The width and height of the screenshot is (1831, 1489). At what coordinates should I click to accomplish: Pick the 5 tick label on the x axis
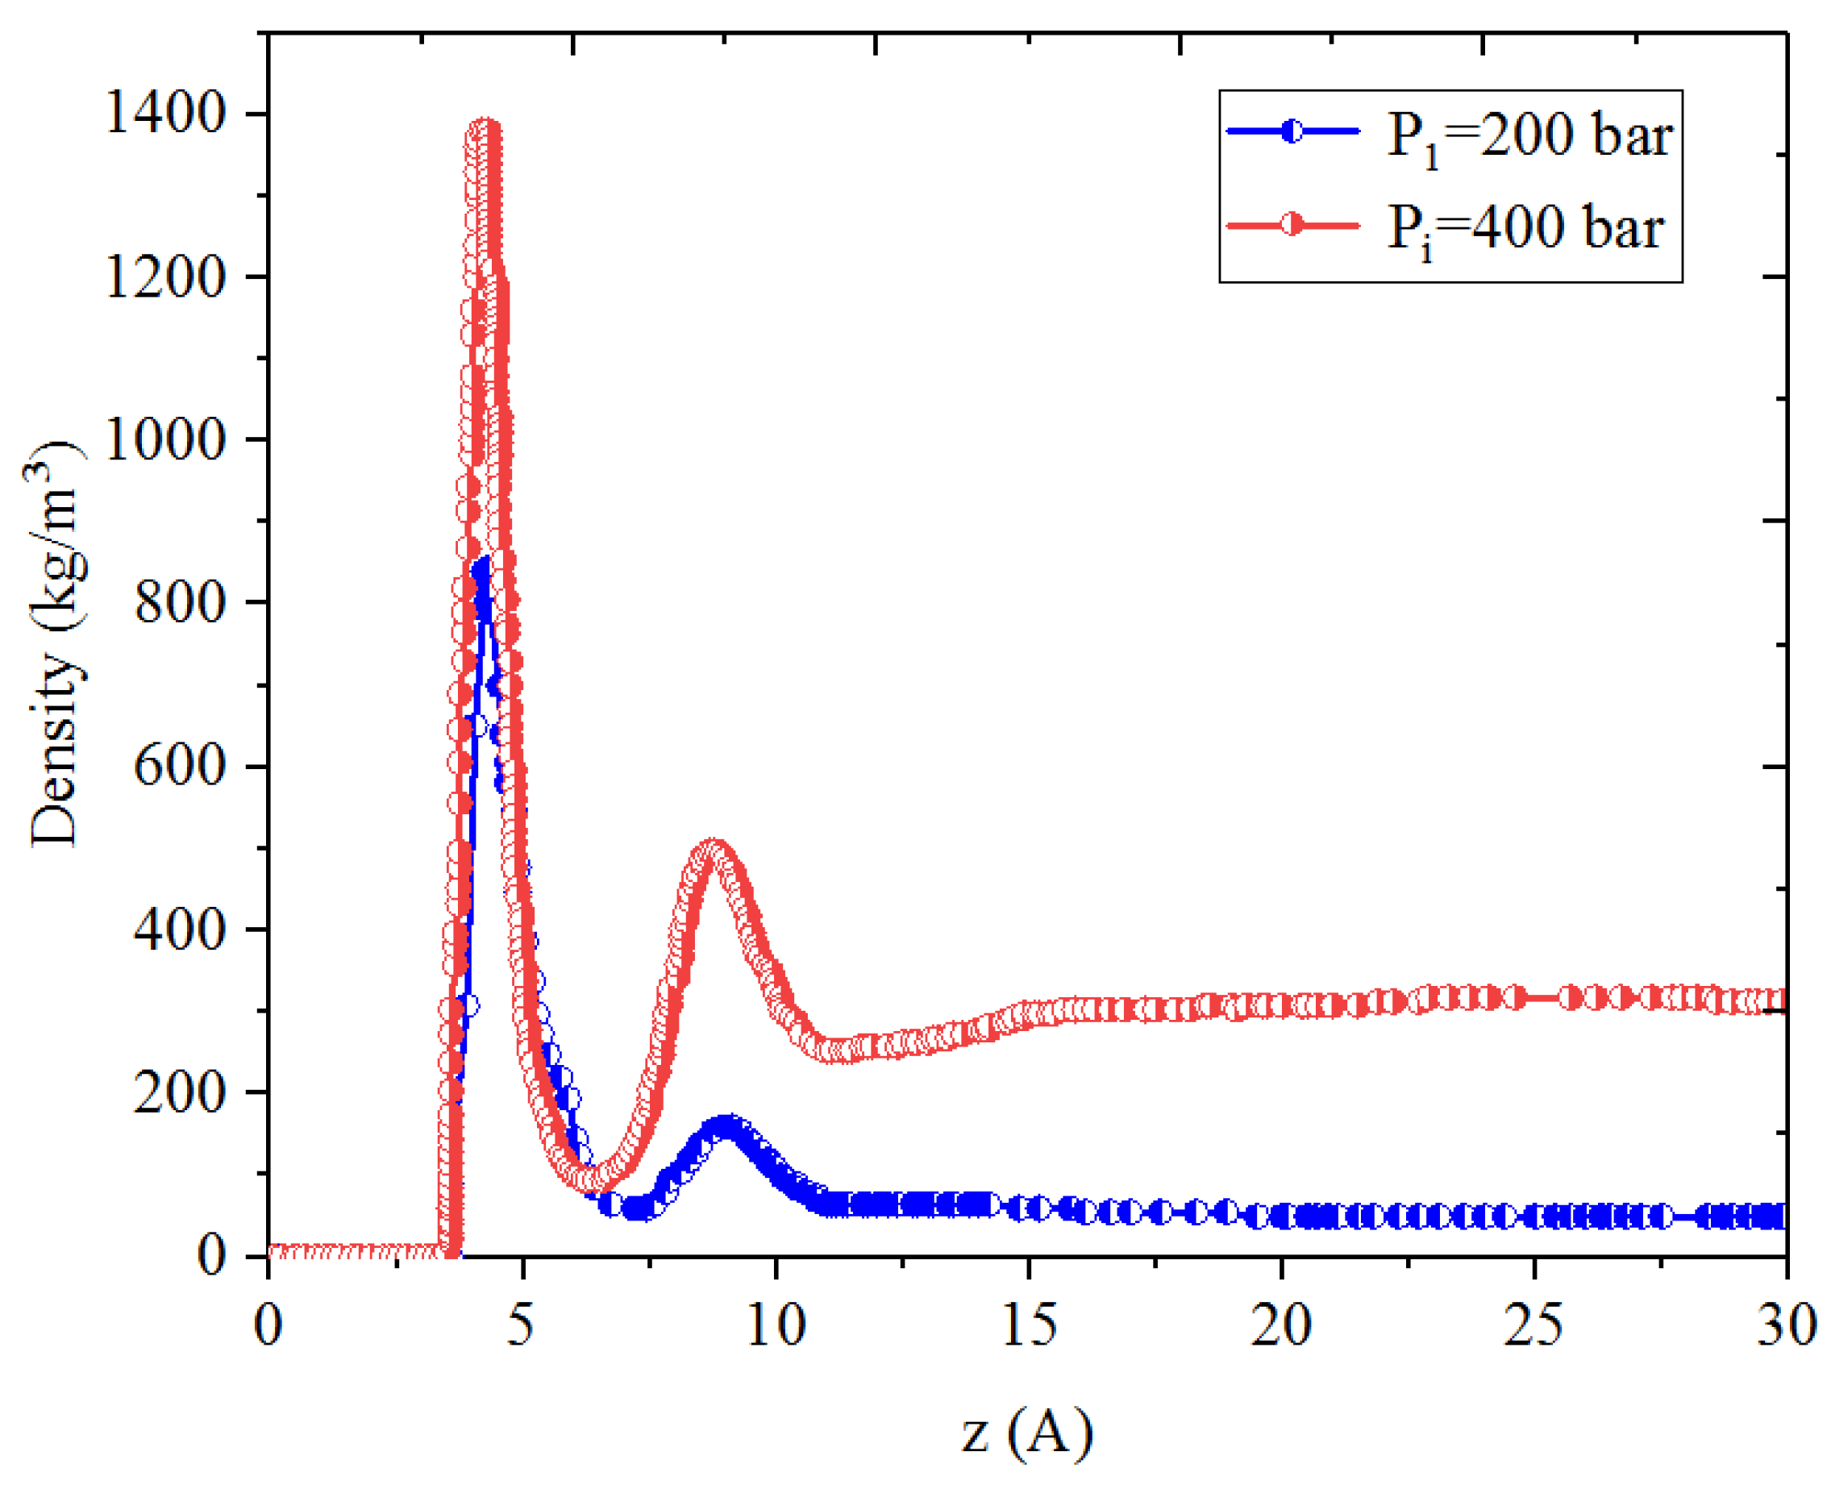tap(520, 1325)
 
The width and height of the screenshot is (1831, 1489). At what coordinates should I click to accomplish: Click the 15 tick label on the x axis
tap(1028, 1325)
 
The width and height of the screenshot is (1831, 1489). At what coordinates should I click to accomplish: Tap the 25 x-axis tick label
tap(1533, 1325)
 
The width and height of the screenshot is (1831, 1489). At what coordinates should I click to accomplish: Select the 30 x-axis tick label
tap(1786, 1325)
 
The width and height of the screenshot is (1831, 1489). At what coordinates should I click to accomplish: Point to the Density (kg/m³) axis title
tap(55, 643)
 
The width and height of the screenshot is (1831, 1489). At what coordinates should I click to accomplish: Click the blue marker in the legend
tap(1292, 131)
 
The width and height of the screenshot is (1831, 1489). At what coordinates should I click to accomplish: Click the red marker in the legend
tap(1292, 226)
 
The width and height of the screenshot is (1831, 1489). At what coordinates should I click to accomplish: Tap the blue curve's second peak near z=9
tap(727, 1126)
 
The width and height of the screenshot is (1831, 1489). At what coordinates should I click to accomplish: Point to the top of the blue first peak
tap(481, 566)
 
